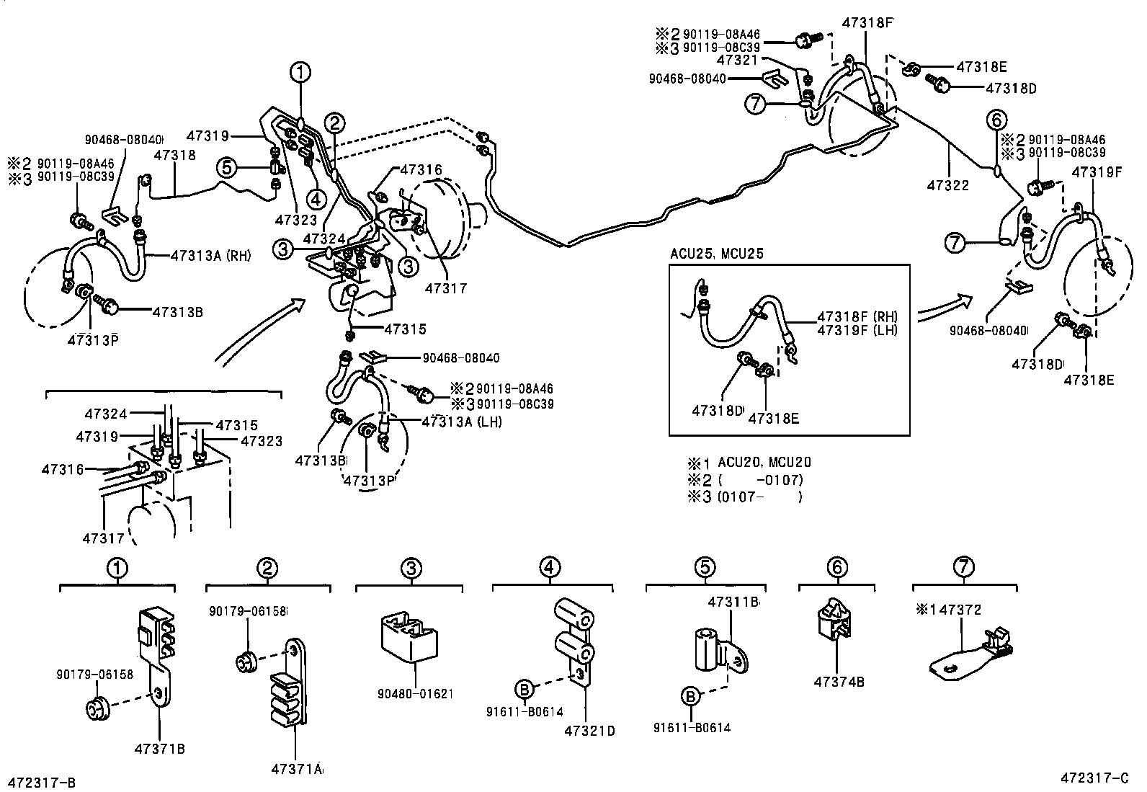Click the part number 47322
point(948,185)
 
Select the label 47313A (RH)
point(210,255)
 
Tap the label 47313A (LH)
point(461,422)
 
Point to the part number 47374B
point(839,682)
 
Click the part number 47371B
point(160,749)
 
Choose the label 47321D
point(589,731)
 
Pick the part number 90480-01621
point(415,694)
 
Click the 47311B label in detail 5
point(733,602)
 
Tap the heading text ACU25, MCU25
point(716,254)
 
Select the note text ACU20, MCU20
point(764,462)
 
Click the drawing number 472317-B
point(42,782)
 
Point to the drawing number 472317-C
point(1094,778)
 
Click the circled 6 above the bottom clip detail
point(837,567)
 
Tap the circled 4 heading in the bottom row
point(550,567)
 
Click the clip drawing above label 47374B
point(833,619)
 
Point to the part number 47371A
point(297,769)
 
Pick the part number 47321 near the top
point(737,60)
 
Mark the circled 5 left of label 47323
point(228,167)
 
